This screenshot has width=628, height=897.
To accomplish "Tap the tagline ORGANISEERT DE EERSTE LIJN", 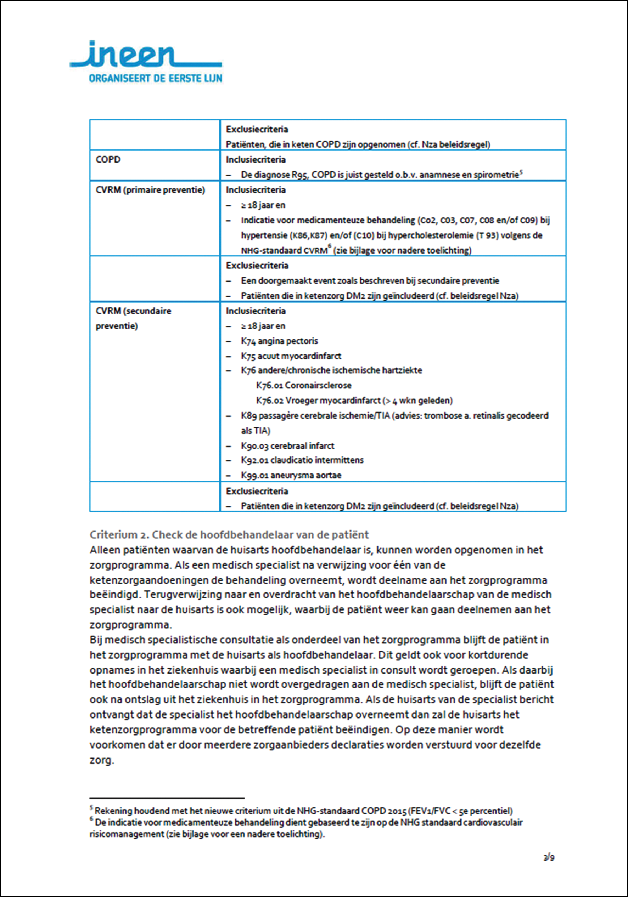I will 155,78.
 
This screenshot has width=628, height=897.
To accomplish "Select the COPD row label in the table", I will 108,159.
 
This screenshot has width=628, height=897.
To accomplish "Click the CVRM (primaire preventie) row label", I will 150,190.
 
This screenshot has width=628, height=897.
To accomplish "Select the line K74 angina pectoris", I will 279,341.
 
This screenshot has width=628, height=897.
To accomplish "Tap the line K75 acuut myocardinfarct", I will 291,356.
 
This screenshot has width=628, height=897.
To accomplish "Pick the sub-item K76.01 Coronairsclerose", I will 303,386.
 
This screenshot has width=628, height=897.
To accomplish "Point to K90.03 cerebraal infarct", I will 287,446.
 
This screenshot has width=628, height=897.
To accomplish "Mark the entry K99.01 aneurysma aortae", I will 291,476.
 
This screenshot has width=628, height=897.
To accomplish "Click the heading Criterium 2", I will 229,534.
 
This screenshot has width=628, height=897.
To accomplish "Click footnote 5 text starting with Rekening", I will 303,811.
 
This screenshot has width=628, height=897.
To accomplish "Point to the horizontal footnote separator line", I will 167,798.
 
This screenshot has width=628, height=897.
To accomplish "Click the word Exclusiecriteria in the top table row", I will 257,129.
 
